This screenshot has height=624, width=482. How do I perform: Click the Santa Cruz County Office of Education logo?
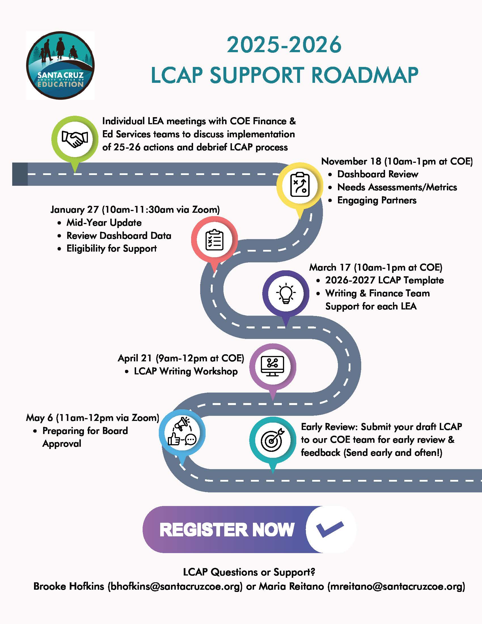click(x=60, y=65)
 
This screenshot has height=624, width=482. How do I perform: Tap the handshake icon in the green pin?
click(x=75, y=139)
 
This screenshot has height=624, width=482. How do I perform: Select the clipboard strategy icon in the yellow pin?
click(x=299, y=185)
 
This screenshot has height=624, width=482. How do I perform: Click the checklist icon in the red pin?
click(x=214, y=240)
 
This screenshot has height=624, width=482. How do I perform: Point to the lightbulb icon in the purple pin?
click(x=286, y=293)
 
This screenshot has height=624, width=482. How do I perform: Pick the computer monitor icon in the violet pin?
click(x=273, y=366)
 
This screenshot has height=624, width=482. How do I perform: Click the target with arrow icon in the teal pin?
click(x=272, y=440)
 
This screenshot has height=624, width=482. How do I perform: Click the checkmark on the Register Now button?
click(x=330, y=529)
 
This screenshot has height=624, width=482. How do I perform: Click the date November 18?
click(x=351, y=161)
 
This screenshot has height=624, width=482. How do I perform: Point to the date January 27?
click(x=75, y=210)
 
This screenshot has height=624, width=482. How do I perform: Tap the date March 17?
click(x=329, y=267)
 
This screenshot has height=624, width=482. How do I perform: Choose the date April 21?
click(x=135, y=358)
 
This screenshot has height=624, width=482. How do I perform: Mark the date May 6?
click(x=39, y=418)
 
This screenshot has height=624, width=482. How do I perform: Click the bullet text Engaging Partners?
click(x=377, y=200)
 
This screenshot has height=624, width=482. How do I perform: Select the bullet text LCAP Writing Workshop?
click(x=186, y=372)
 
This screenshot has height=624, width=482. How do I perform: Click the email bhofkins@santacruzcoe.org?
click(x=175, y=586)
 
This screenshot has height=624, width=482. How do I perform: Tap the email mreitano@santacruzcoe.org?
click(x=396, y=586)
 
